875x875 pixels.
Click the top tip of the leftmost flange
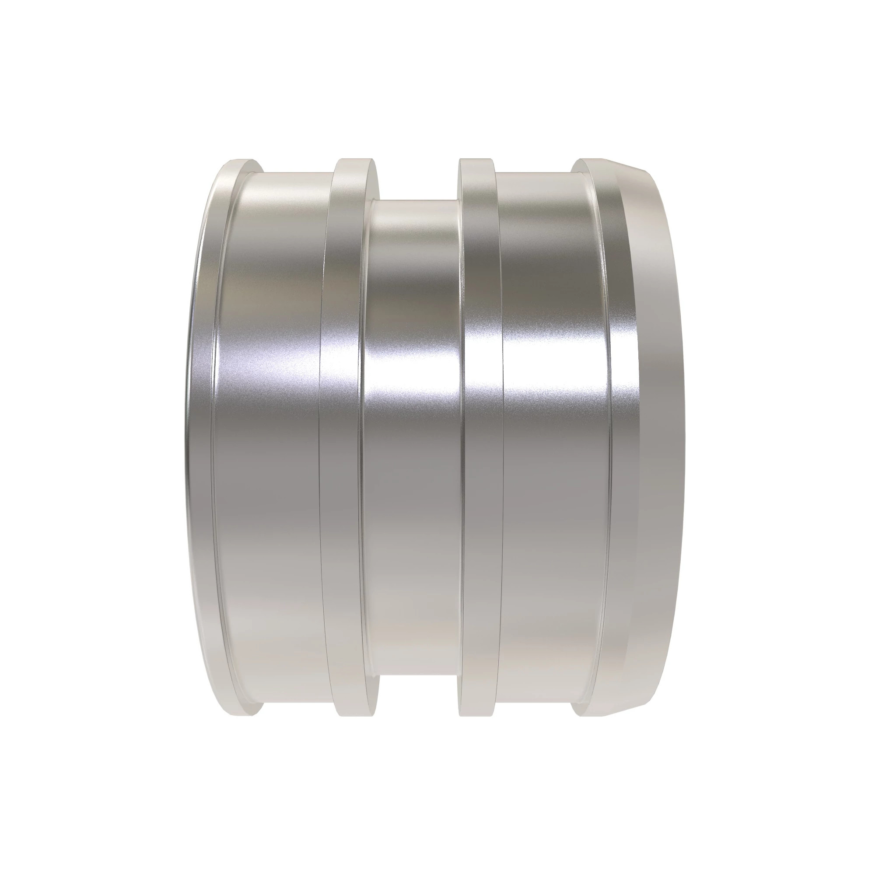coord(242,162)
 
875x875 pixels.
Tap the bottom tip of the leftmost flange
coord(242,715)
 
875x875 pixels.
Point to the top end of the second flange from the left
coord(357,160)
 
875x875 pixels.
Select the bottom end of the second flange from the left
coord(357,716)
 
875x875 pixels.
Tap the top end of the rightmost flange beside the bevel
coord(593,160)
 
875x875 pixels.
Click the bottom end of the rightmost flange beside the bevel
coord(593,716)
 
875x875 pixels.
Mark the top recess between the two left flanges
coord(297,173)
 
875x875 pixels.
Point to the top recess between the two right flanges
coord(535,173)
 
